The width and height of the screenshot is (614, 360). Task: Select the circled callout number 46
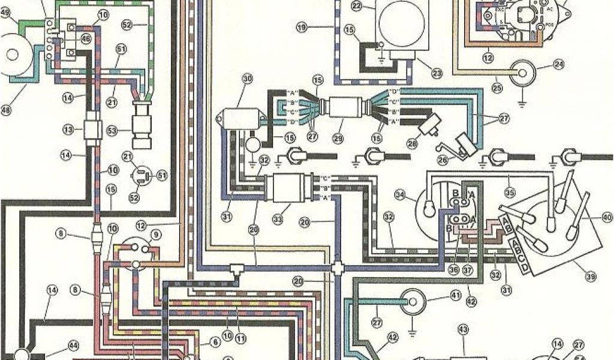(x=86, y=39)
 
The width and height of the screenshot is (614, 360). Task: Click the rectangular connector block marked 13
(x=93, y=130)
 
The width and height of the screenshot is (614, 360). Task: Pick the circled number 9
(x=156, y=235)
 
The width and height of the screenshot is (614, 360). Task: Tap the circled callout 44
(x=73, y=346)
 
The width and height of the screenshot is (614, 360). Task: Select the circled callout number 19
(x=302, y=26)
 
